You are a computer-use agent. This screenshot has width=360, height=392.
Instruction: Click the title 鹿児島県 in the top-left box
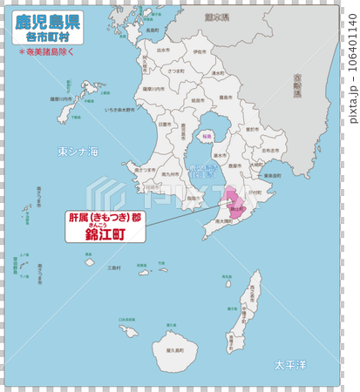click(48, 21)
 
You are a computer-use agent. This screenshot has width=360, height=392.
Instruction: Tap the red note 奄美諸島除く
click(49, 52)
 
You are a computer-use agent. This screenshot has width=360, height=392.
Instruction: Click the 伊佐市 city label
click(200, 52)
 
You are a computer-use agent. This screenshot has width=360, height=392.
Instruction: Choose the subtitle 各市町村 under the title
click(48, 37)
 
